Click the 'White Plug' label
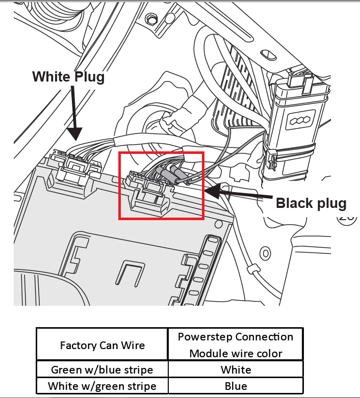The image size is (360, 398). (68, 77)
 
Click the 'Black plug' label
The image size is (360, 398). (311, 203)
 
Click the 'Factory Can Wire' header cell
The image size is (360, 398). (102, 345)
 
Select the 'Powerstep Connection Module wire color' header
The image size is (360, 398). (236, 345)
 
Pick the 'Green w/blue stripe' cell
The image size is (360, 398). (102, 369)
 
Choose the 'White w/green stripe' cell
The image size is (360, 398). (102, 386)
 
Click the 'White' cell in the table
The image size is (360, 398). (236, 369)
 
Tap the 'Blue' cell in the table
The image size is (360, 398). (236, 386)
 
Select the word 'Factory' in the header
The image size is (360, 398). (78, 345)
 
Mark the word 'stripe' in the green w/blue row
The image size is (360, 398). (138, 369)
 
